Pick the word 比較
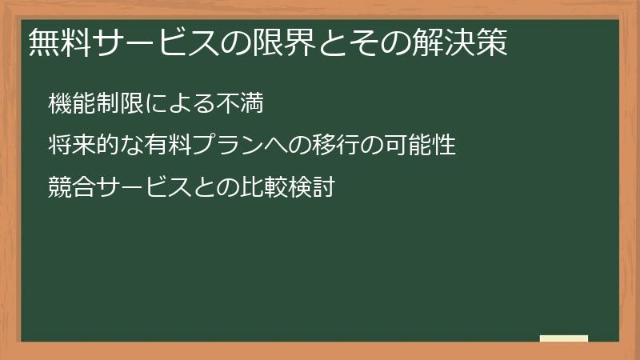(264, 190)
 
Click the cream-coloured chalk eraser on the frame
(564, 338)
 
